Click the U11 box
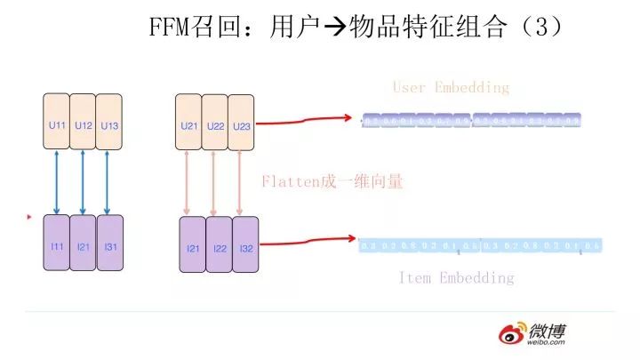58,125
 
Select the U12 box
84,125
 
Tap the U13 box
109,125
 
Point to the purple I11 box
56,245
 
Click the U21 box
189,125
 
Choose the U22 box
215,125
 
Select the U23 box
242,125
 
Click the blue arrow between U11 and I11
58,184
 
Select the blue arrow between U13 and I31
109,184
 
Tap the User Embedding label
451,87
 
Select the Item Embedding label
455,278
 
